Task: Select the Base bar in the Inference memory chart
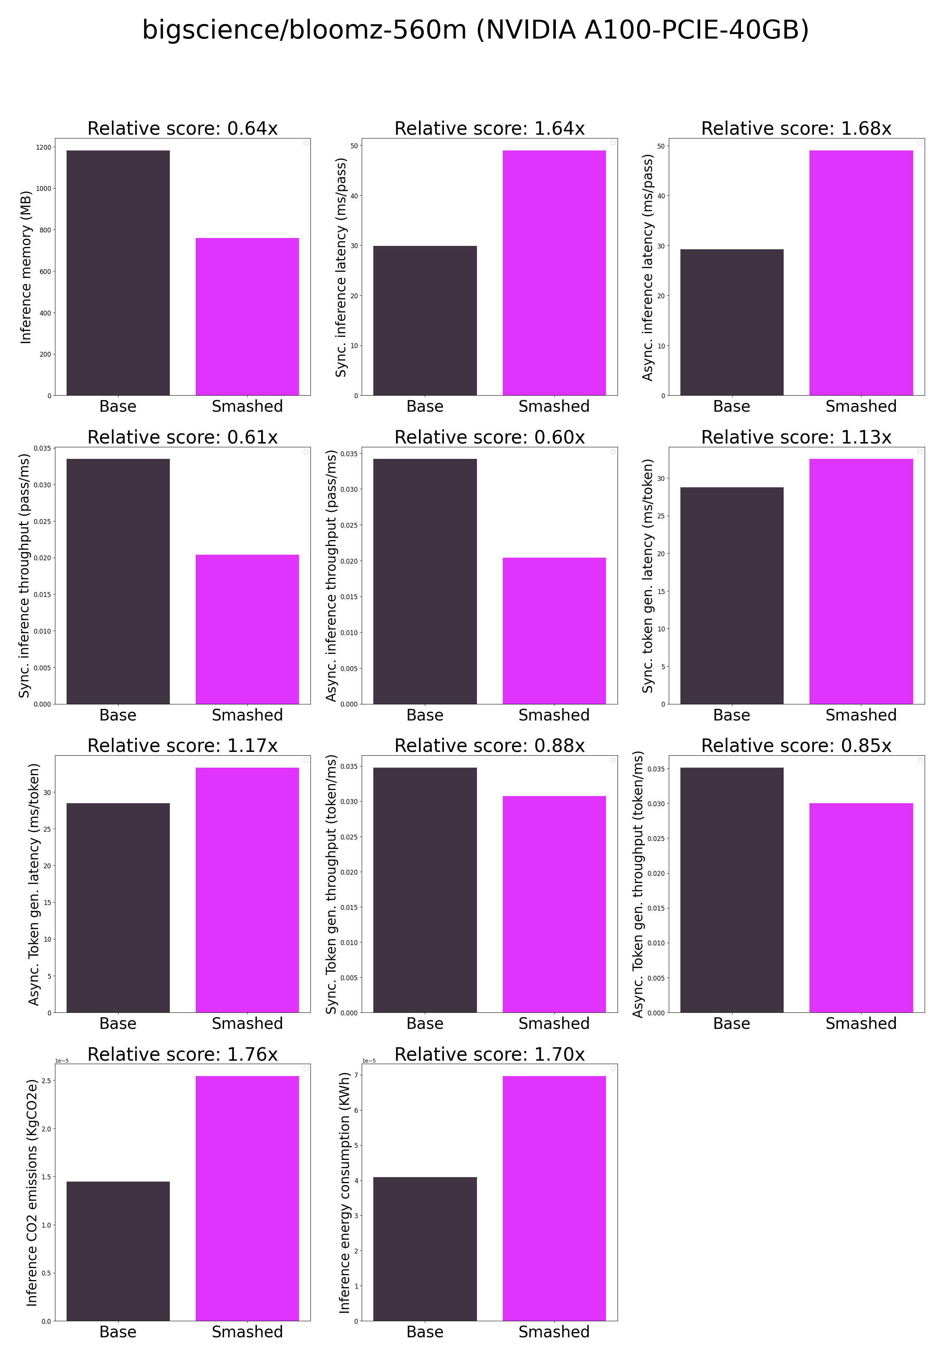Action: pos(118,272)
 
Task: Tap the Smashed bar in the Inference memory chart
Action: pos(247,316)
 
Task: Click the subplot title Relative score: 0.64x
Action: pos(183,128)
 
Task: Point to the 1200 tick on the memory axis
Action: pos(44,147)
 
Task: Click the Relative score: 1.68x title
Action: pos(796,128)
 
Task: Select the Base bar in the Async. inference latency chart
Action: pos(732,322)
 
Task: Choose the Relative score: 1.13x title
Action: pos(796,437)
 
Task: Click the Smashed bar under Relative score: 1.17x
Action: pos(247,890)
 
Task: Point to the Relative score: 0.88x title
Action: pos(489,746)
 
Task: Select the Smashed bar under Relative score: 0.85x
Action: pos(861,907)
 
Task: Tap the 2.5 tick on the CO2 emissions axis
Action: pos(46,1081)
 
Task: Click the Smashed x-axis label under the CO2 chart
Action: pos(247,1332)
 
